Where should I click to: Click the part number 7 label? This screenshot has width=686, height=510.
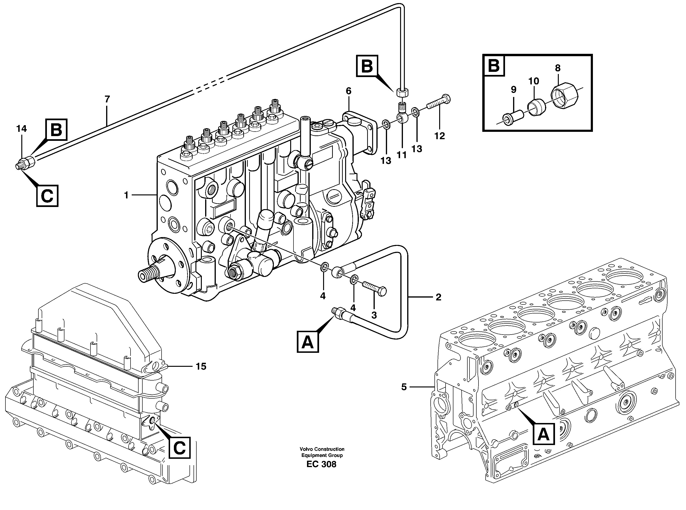[107, 99]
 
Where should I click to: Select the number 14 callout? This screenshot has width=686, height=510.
[22, 129]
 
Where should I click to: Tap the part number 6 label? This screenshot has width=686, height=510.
[348, 91]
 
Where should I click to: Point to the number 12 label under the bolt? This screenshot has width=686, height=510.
[440, 136]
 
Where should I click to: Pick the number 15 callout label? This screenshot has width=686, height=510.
[201, 367]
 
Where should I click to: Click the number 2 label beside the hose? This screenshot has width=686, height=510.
[438, 297]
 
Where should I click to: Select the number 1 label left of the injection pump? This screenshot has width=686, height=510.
[126, 195]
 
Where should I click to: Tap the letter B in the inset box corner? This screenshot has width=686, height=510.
[494, 65]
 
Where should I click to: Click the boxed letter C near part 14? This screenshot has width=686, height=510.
[47, 196]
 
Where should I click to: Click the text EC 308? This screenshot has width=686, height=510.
[321, 464]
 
